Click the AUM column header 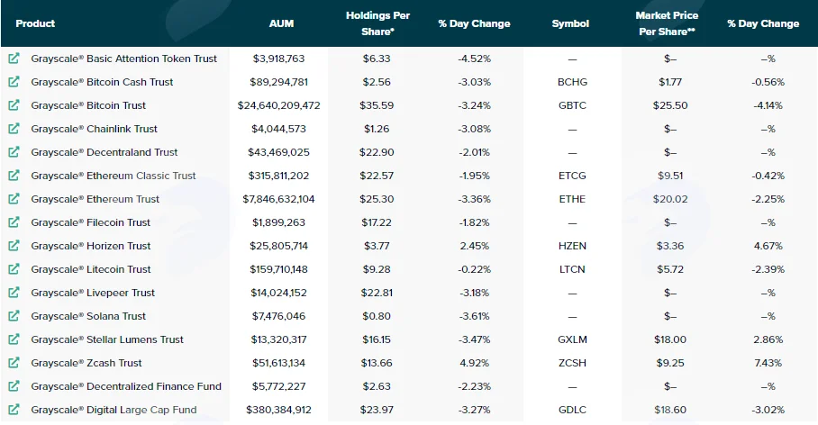[281, 23]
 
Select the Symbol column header [570, 23]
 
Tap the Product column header [35, 23]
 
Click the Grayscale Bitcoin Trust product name [88, 105]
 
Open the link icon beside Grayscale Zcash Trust [14, 363]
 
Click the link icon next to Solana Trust [14, 315]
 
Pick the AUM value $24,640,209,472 [278, 105]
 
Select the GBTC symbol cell [572, 105]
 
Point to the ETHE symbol [572, 199]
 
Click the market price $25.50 [670, 105]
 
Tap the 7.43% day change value [768, 363]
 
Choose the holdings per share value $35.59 [377, 105]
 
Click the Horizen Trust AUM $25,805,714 [278, 246]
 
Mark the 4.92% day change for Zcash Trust [474, 363]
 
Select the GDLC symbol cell [572, 410]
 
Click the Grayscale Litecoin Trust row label [91, 269]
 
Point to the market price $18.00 [670, 339]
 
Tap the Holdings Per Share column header [377, 23]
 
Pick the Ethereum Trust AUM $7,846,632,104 [278, 199]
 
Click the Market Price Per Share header [667, 23]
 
